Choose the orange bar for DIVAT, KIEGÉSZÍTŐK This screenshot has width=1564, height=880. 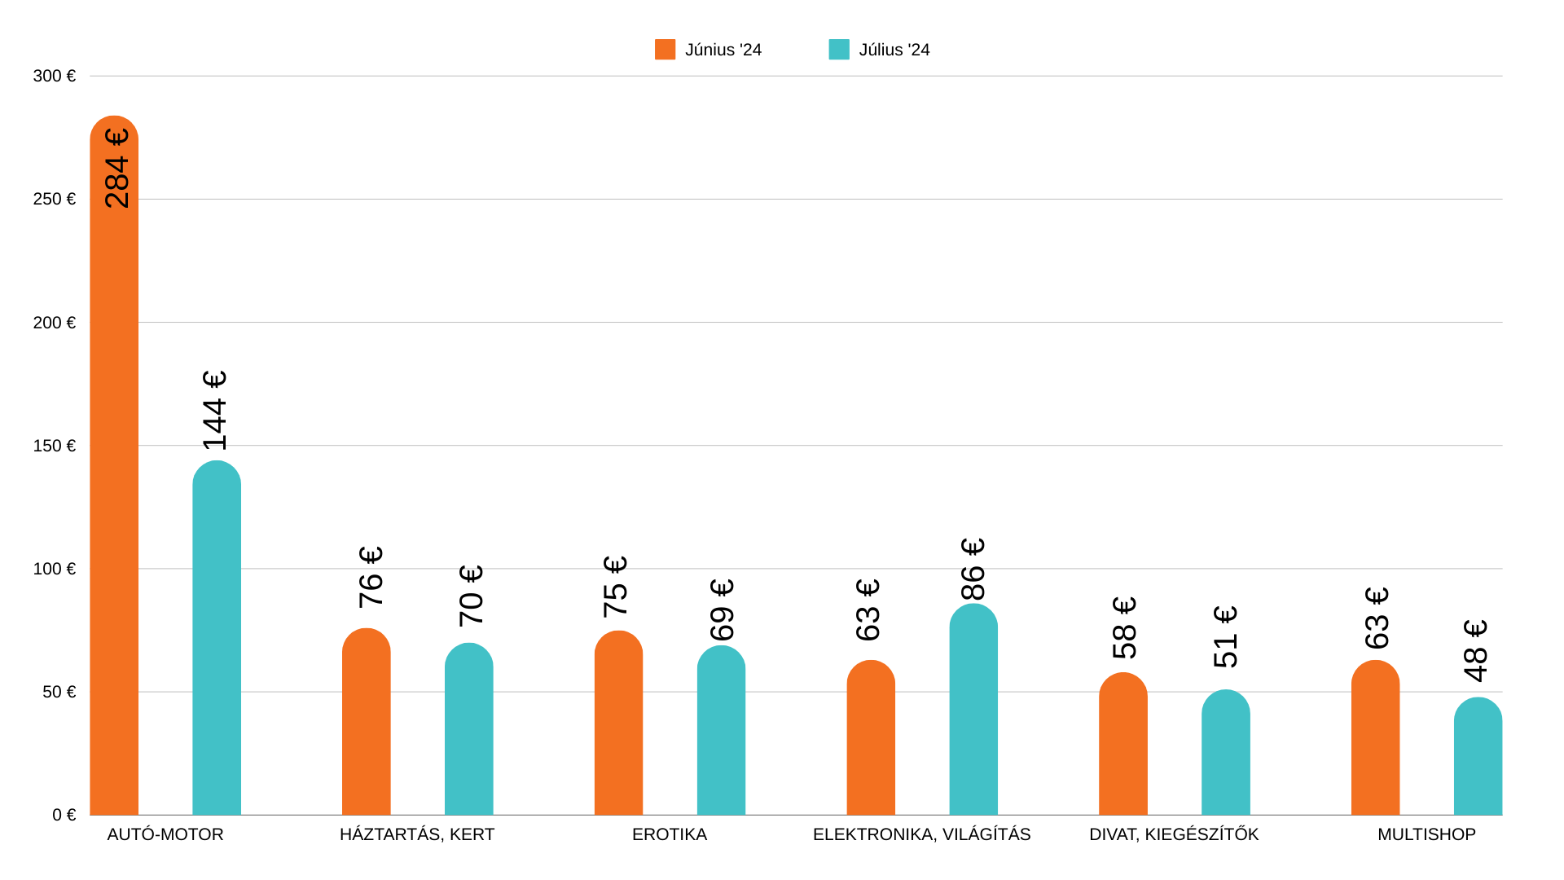1123,745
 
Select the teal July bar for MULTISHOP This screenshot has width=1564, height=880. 1478,757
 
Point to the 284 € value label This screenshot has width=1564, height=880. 117,169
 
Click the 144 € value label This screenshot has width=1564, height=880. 215,411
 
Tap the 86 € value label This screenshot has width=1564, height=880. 973,570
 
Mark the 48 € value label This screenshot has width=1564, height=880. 1476,651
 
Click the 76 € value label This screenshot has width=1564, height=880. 371,577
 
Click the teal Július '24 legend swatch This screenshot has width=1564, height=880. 839,50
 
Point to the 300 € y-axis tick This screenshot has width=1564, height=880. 54,76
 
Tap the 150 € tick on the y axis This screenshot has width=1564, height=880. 54,446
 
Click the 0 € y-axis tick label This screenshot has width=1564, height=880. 64,815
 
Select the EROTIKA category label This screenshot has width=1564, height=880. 670,834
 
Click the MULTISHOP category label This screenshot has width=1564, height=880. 1426,834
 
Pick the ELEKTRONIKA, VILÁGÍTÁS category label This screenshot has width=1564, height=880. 921,834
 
